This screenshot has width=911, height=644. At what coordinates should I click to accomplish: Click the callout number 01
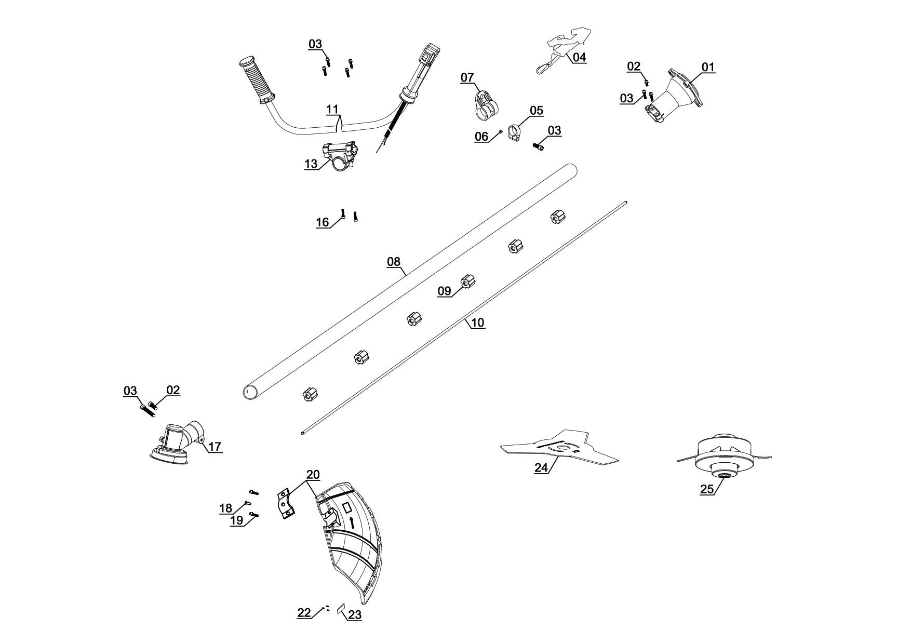tap(708, 67)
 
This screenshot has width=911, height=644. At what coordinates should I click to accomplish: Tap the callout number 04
tap(579, 57)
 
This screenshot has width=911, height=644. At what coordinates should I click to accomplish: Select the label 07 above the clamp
tap(467, 78)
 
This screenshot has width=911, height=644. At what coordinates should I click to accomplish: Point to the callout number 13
tap(311, 164)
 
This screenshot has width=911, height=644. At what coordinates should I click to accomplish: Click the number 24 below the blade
tap(541, 467)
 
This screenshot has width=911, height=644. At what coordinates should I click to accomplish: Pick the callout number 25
tap(707, 489)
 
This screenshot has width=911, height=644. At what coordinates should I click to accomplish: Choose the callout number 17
tap(215, 446)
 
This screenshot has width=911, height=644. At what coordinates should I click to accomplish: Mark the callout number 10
tap(477, 323)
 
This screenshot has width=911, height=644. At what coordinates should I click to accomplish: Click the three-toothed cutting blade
tap(560, 446)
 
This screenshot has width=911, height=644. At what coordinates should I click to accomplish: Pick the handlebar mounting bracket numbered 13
tap(340, 156)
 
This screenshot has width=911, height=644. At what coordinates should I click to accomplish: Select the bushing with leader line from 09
tap(468, 282)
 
